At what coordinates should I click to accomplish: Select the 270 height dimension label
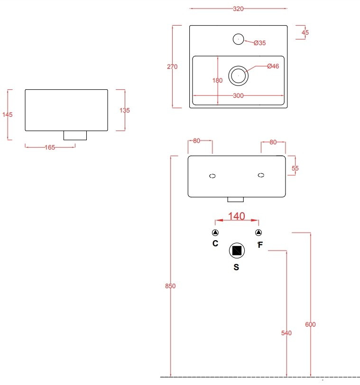coord(172,67)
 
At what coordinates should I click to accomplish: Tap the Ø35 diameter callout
coord(259,43)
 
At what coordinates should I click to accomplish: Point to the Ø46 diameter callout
coord(273,66)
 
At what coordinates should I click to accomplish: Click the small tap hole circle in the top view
coord(238,38)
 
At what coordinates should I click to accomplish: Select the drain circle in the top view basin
coord(238,75)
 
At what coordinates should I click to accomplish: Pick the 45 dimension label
coord(305,33)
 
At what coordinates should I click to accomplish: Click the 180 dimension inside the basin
coord(217,80)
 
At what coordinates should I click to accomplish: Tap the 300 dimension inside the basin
coord(238,96)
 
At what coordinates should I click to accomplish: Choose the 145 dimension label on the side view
coord(7,114)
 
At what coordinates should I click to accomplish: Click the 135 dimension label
coord(124,110)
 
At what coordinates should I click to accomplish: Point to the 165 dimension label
coord(50,148)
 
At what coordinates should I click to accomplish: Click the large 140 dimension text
coord(237,216)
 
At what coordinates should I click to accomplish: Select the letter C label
coord(215,244)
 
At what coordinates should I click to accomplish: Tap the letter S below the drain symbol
coord(236,267)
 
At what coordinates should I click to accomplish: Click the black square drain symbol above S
coord(237,251)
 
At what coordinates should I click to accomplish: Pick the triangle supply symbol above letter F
coord(258,233)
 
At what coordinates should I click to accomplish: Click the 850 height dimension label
coord(171,286)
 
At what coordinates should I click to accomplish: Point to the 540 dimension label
coord(286,333)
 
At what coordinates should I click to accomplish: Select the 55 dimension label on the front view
coord(295,168)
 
